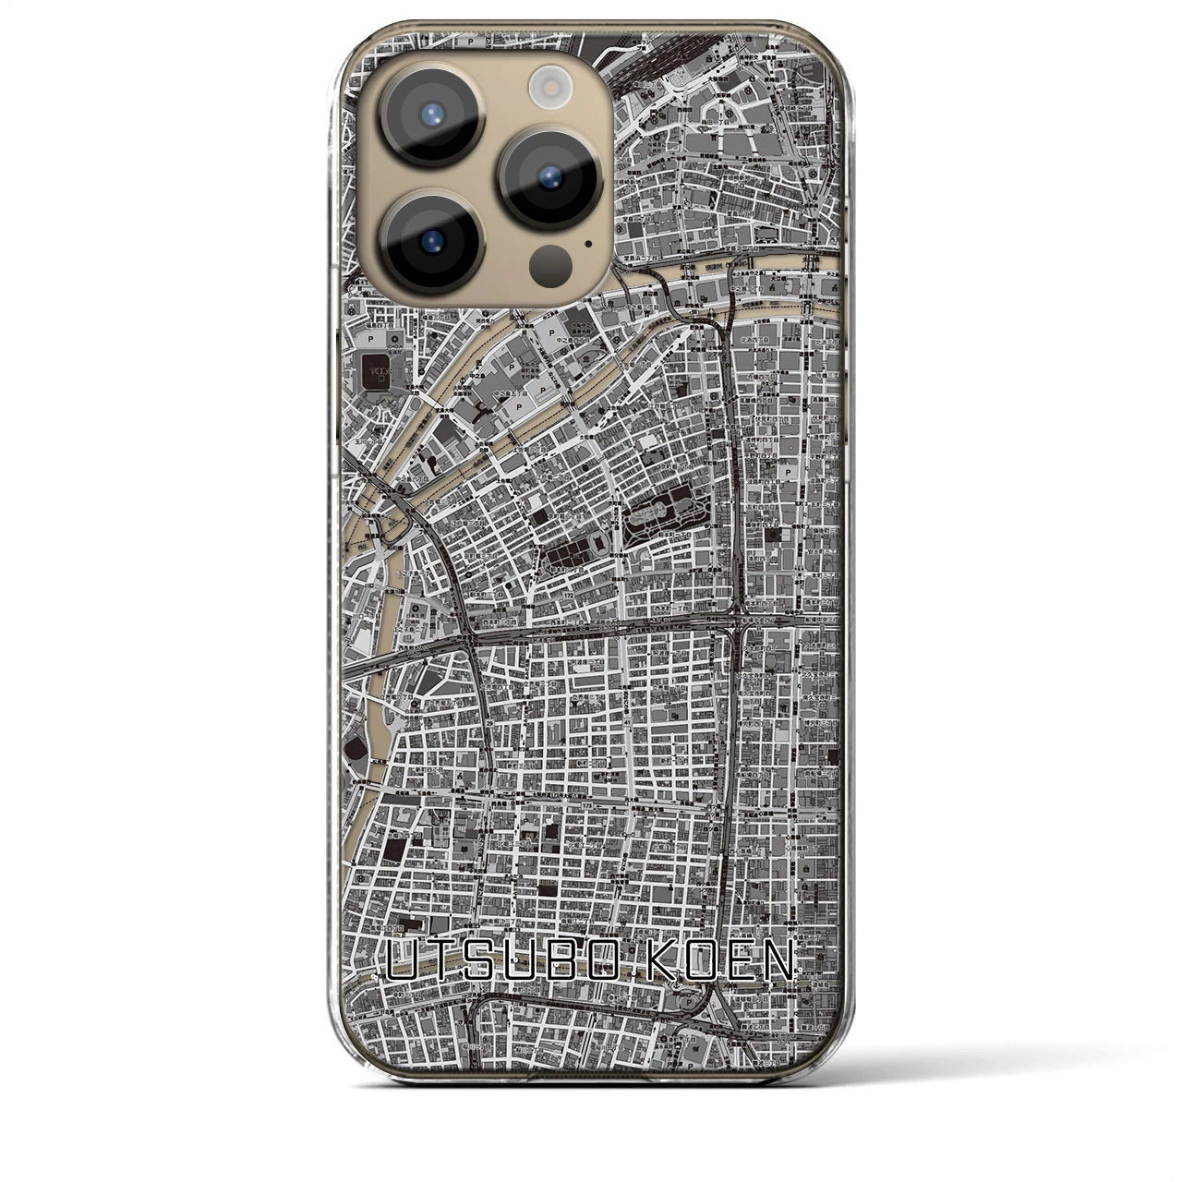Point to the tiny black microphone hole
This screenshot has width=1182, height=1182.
(587, 246)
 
